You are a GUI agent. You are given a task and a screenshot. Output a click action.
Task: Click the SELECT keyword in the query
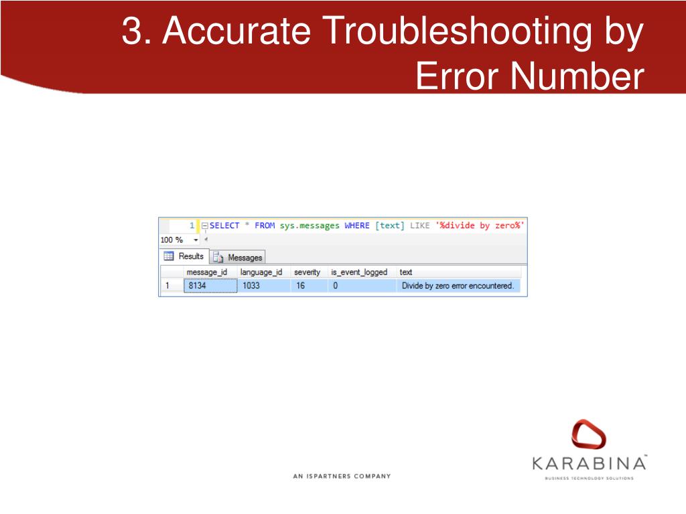224,226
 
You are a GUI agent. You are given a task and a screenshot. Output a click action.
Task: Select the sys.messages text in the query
310,226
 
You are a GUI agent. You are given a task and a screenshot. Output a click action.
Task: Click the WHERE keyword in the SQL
357,226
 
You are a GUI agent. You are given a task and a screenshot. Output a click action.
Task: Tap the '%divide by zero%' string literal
480,226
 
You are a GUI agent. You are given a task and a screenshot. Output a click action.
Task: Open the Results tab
185,256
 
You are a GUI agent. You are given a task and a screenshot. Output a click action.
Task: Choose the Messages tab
239,257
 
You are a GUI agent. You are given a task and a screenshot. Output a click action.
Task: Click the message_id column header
207,272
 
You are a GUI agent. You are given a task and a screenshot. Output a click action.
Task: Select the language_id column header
261,272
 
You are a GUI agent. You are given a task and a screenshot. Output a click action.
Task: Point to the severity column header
307,272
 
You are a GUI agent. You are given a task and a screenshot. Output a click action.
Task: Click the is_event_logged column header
359,272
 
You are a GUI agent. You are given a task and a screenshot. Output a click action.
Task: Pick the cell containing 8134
210,286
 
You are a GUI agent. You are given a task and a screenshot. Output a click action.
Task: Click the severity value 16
301,286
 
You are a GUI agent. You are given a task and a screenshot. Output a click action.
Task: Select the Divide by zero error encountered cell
458,286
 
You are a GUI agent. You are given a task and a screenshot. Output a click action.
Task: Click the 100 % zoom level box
172,240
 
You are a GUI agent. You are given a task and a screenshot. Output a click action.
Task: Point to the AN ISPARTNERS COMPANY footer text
342,477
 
